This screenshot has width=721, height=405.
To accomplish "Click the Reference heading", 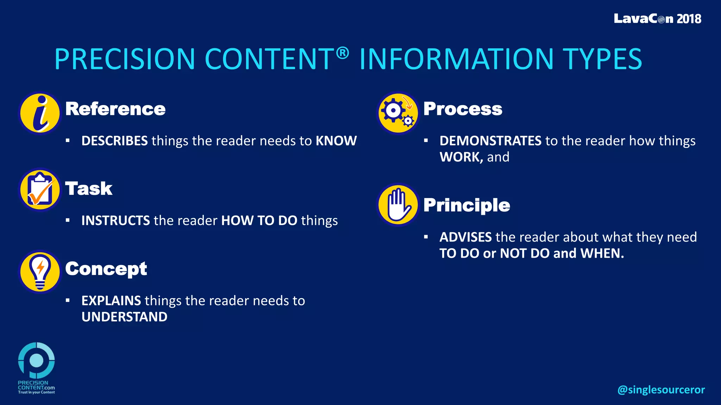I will click(115, 109).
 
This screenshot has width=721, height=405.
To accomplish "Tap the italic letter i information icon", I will click(40, 113).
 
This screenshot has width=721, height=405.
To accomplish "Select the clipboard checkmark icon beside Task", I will click(40, 190).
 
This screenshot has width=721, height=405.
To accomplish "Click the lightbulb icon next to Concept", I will click(40, 271).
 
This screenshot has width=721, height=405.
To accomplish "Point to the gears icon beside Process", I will click(398, 113).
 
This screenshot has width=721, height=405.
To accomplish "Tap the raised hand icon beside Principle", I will click(398, 205).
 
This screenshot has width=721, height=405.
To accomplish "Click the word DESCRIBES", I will click(114, 141).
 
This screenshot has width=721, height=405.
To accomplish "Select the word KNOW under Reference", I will click(336, 141).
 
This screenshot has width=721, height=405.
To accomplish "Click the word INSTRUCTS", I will click(115, 221).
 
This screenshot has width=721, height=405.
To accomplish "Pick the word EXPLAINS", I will click(111, 301).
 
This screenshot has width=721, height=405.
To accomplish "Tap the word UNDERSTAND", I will click(124, 317).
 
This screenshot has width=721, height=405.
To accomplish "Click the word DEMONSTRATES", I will click(490, 141).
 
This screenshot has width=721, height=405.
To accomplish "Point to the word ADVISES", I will click(465, 237).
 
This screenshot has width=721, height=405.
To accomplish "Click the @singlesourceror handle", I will click(661, 390).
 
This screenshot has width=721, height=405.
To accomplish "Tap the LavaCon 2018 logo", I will click(657, 19).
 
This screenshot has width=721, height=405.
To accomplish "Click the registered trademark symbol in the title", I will click(342, 53).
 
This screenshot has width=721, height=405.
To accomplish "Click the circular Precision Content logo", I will click(36, 360).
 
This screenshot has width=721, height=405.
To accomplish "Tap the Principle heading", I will click(466, 205).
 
